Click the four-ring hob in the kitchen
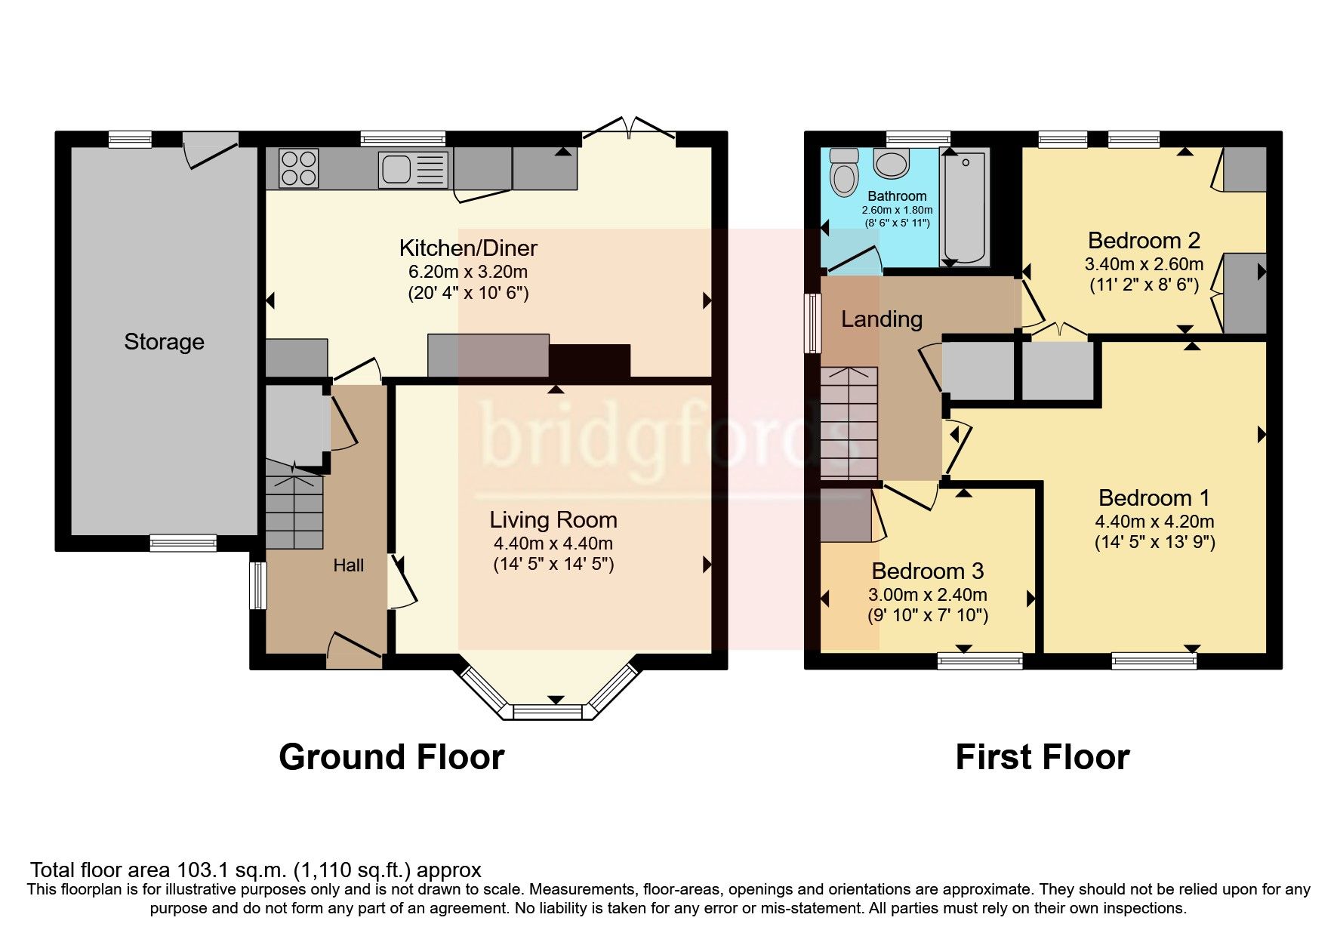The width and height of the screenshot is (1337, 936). (299, 168)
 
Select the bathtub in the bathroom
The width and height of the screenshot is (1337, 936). (964, 205)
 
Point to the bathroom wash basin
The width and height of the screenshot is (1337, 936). (892, 163)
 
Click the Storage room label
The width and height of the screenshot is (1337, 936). (164, 342)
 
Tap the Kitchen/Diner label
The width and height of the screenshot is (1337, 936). (468, 248)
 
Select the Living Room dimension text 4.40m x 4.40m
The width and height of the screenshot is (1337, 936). (553, 543)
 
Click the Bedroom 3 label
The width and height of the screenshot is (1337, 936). (927, 571)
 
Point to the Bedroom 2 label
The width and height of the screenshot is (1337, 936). (1144, 241)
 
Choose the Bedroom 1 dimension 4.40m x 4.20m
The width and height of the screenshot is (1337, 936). (1154, 522)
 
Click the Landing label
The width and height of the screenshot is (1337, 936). (882, 319)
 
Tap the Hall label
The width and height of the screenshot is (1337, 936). (349, 565)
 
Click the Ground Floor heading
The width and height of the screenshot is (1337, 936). (391, 757)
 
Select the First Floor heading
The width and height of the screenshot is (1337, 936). (1042, 757)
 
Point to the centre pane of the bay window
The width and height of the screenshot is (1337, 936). (548, 711)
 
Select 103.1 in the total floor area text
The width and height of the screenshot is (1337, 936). (201, 870)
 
